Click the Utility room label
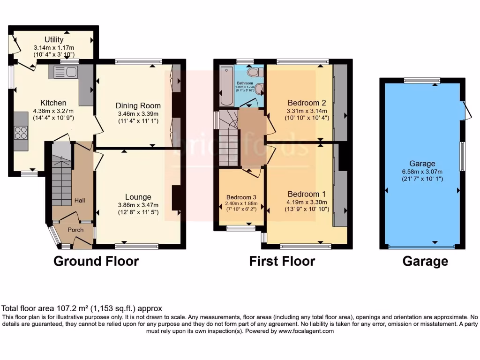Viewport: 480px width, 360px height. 54,39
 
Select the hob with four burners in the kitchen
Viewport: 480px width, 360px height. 21,133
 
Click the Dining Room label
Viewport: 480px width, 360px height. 138,105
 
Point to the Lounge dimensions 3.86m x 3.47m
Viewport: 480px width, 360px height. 138,205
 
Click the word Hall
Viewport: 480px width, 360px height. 79,201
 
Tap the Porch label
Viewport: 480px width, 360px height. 75,230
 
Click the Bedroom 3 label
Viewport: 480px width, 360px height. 239,197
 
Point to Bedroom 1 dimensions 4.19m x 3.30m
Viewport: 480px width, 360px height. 307,202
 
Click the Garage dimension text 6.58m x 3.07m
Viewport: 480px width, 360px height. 422,171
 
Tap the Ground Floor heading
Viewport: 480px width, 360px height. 96,261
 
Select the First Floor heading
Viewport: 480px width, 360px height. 282,261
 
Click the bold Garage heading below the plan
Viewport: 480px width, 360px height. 425,261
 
